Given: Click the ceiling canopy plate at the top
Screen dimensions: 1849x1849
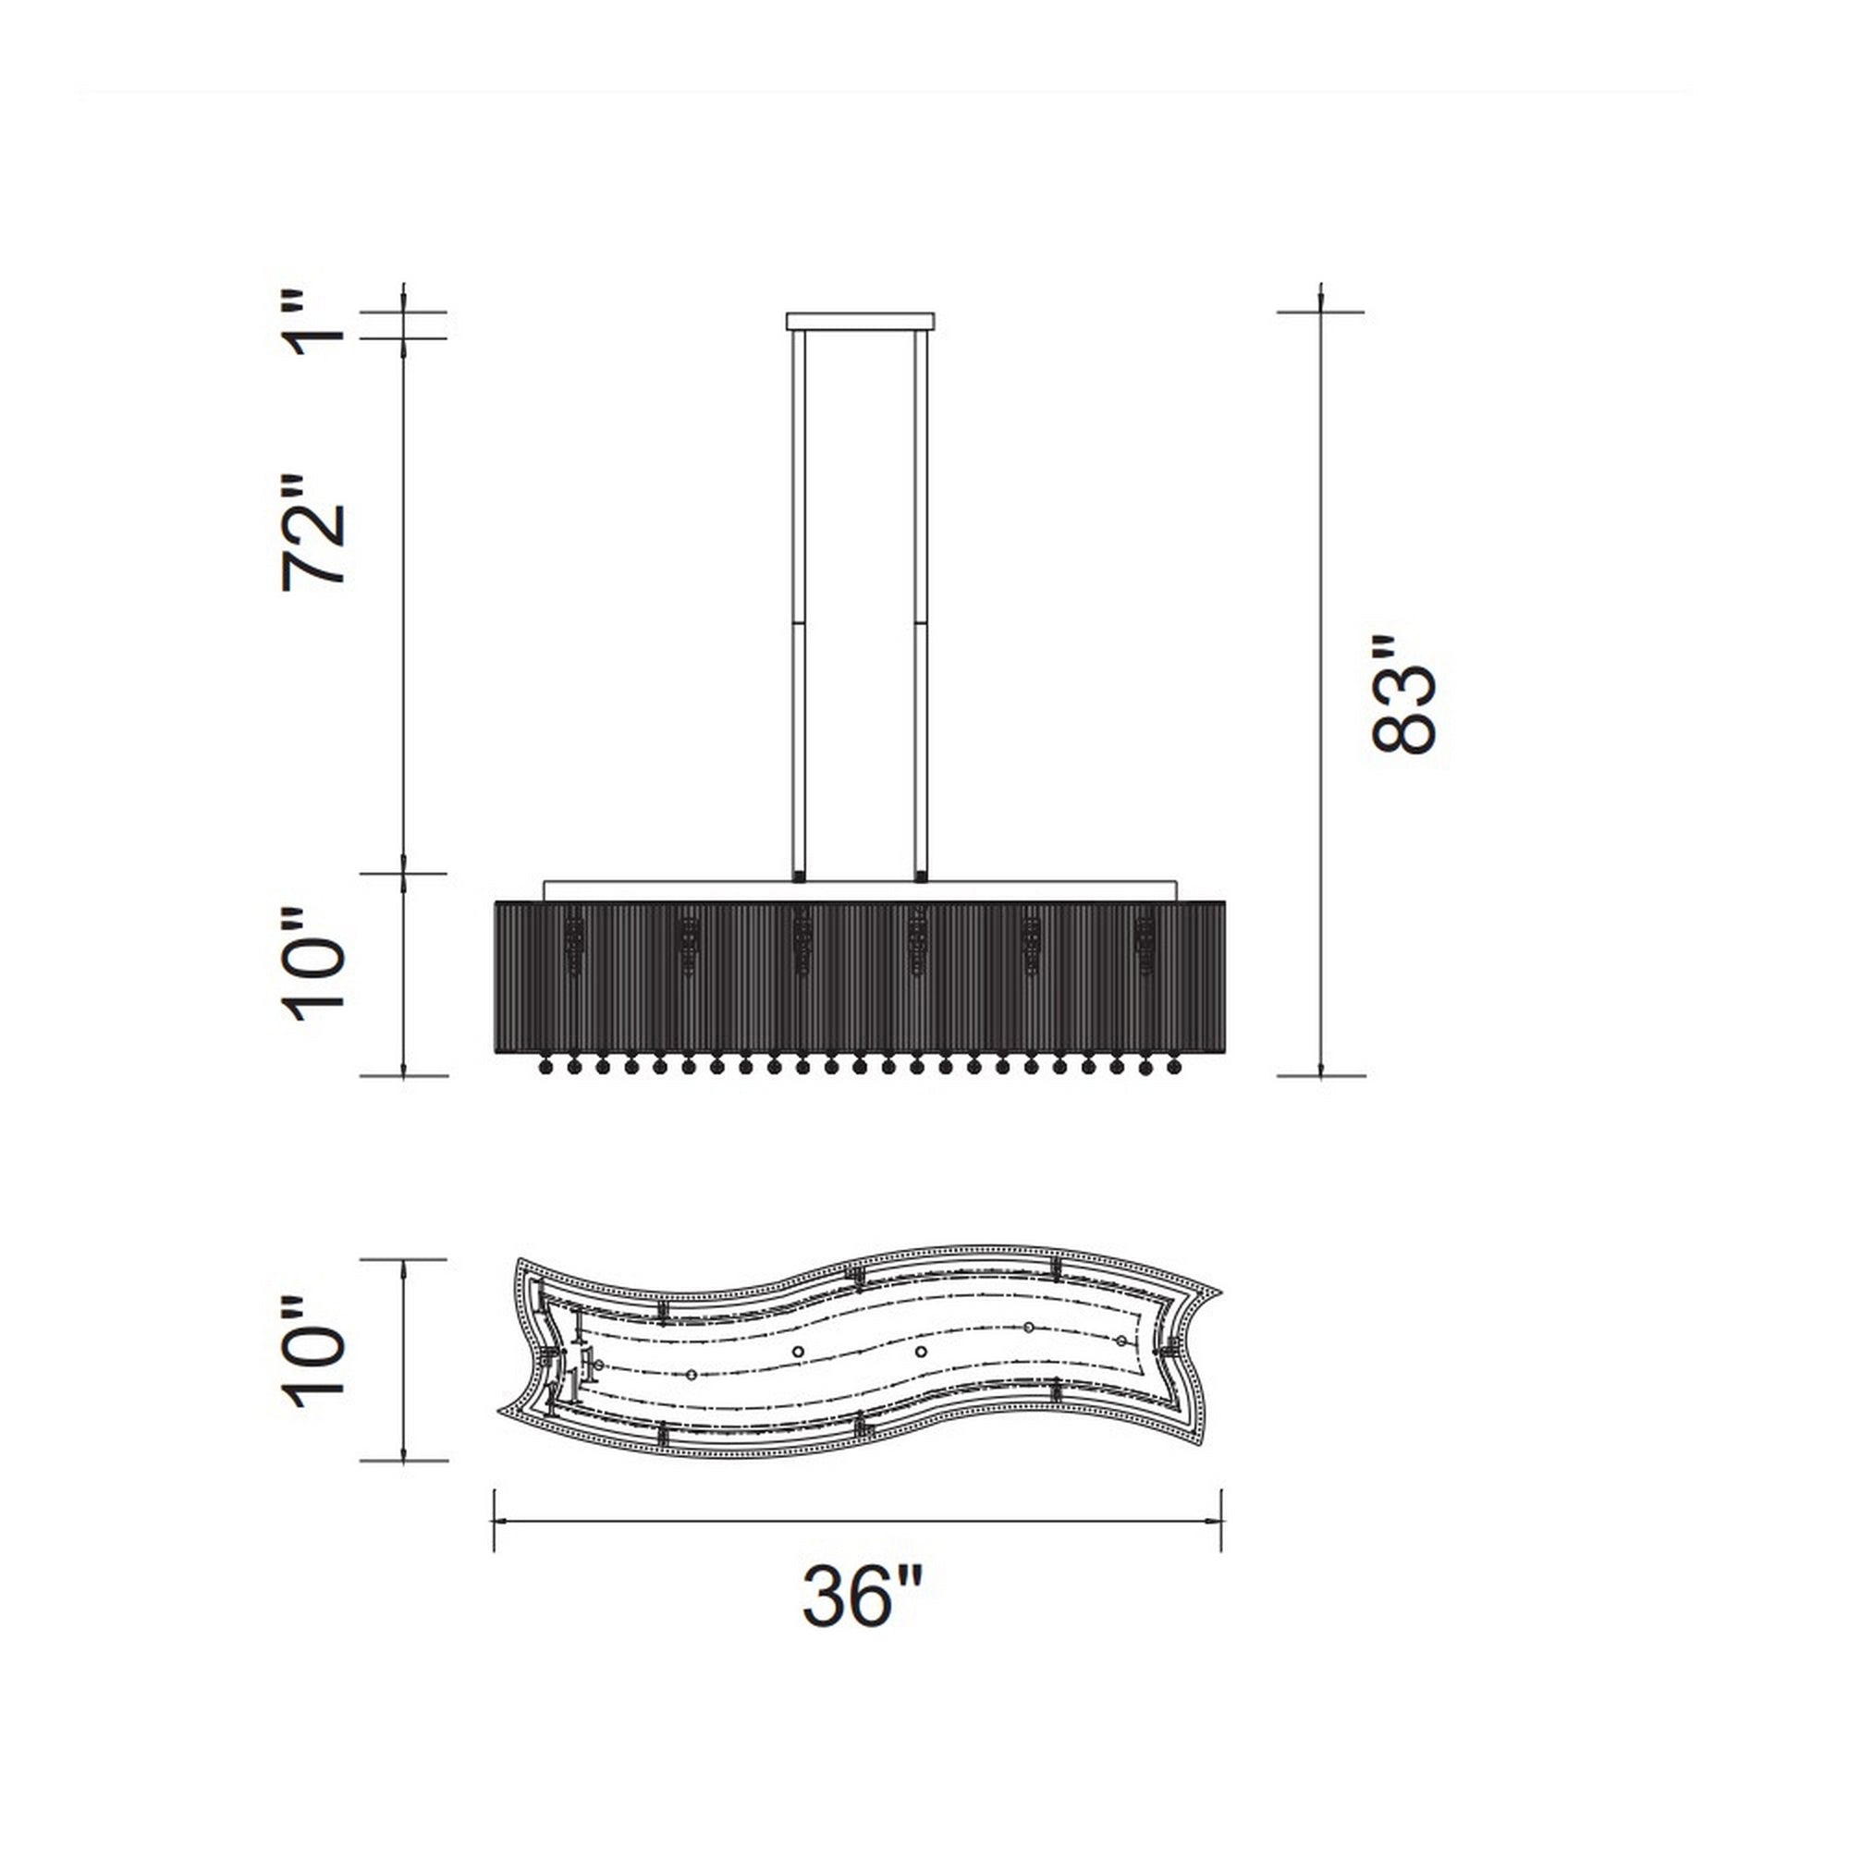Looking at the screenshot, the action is [x=859, y=321].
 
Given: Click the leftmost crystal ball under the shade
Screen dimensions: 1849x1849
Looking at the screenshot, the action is [x=546, y=1066].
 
